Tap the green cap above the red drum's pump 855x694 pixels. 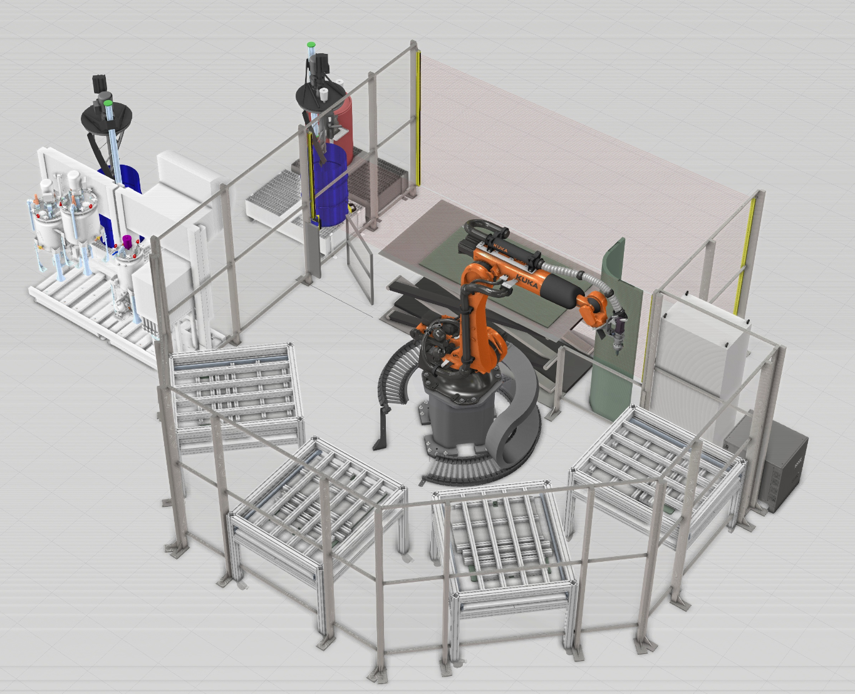[311, 45]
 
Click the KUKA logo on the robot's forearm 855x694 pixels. [527, 281]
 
